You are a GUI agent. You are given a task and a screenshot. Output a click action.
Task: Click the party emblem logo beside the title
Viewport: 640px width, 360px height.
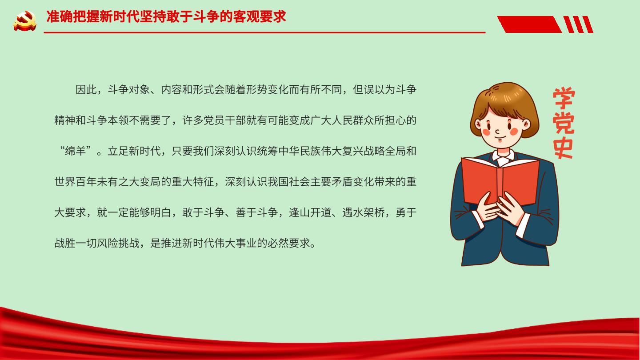point(25,20)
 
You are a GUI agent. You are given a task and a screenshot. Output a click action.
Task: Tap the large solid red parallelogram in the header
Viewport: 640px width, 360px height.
point(529,24)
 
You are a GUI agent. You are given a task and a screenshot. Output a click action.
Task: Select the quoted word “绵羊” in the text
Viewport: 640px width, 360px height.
point(76,151)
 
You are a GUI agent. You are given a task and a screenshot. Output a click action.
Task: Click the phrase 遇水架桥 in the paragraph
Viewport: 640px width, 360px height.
point(363,212)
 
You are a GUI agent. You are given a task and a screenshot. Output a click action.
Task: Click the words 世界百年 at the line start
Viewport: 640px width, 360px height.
point(76,182)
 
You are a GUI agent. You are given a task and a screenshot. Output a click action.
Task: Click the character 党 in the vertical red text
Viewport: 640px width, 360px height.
point(564,123)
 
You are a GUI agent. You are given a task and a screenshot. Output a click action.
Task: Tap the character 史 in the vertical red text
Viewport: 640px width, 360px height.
point(563,148)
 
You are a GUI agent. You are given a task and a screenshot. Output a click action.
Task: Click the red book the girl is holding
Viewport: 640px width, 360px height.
point(500,180)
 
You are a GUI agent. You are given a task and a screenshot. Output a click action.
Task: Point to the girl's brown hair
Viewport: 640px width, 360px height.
point(504,103)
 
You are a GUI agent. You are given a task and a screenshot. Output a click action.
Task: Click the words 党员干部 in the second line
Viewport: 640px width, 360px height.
point(224,120)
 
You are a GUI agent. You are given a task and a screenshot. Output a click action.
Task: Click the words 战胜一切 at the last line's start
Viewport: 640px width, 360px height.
point(76,243)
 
